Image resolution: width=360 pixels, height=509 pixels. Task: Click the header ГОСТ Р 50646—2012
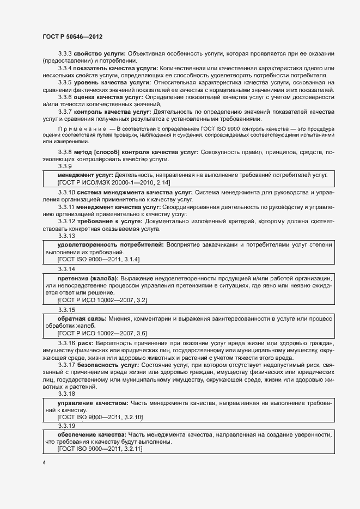click(72, 36)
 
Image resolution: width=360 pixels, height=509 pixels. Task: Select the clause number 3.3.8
click(65, 152)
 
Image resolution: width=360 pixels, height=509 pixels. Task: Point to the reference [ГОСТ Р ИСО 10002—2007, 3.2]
click(102, 300)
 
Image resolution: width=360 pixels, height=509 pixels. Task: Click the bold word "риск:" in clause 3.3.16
click(86, 343)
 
